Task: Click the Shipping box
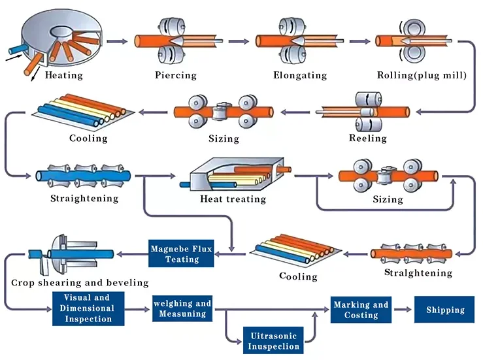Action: [445, 310]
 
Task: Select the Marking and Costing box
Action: [361, 310]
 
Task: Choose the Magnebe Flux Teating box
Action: [182, 254]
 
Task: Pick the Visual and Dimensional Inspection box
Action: [88, 308]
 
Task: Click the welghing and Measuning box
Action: [182, 308]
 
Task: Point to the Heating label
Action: [64, 75]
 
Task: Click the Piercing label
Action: [176, 75]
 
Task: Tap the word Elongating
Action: [300, 75]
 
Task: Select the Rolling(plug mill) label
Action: [422, 75]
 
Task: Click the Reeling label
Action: [368, 139]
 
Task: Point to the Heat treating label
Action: [233, 199]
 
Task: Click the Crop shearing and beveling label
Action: [80, 283]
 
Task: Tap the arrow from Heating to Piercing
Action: [116, 41]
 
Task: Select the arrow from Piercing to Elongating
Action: [239, 41]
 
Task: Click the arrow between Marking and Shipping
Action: [401, 309]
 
